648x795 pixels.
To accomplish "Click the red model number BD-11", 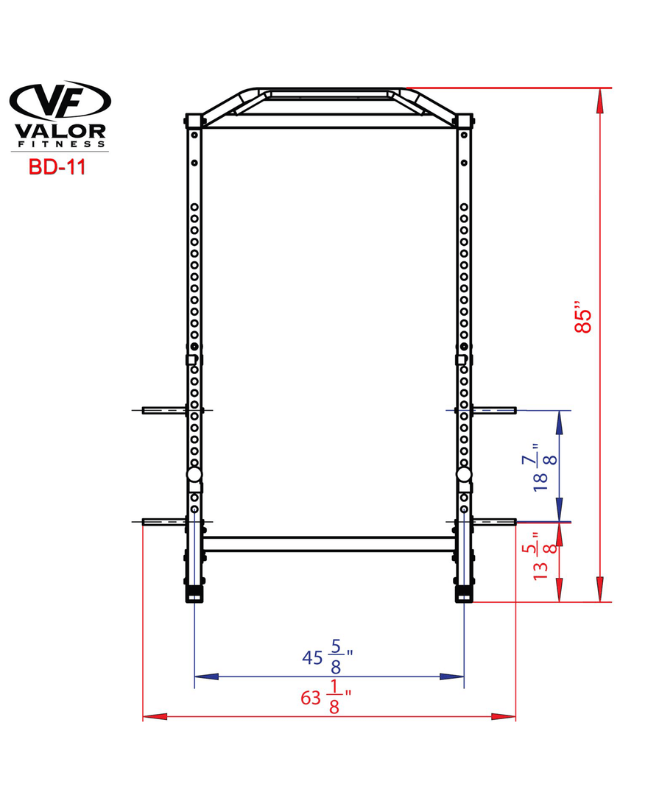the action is pos(57,167).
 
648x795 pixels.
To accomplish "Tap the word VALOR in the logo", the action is pos(60,131).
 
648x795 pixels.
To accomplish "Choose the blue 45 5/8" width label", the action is pos(327,657).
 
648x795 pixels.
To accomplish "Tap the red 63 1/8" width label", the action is pos(326,696).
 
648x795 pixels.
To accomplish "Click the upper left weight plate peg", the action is pos(164,410).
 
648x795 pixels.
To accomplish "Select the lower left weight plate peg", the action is pos(164,522).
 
